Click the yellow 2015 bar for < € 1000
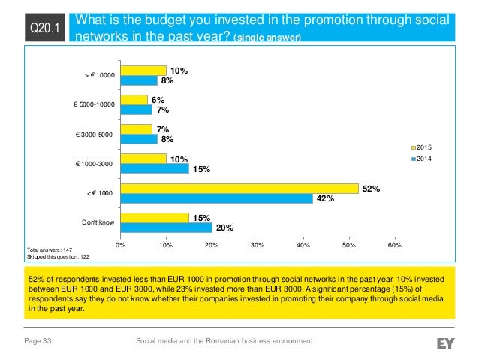(x=239, y=189)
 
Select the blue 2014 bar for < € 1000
(x=216, y=198)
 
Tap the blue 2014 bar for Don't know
(x=165, y=227)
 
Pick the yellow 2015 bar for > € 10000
(x=143, y=71)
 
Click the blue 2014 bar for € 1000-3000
(x=154, y=169)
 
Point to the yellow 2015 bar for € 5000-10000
(x=134, y=100)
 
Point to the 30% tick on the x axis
(x=257, y=244)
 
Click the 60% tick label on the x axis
(x=395, y=244)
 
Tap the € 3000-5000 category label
(x=95, y=134)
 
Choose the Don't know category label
(x=98, y=222)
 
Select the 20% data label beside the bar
(x=224, y=228)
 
